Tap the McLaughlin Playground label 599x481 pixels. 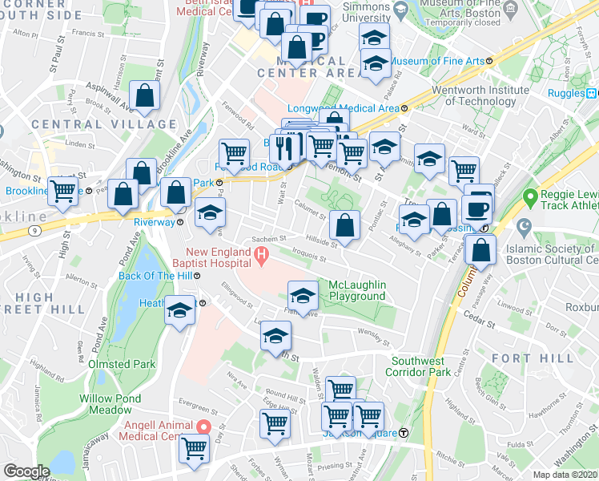click(357, 290)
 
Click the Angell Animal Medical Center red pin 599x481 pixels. click(203, 427)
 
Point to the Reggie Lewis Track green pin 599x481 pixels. click(529, 196)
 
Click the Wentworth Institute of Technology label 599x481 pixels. click(480, 95)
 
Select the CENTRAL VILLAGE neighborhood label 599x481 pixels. click(104, 124)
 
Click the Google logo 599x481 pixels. click(26, 471)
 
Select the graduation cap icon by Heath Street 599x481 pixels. click(180, 309)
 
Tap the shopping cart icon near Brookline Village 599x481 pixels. click(63, 191)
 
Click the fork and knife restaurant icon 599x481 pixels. click(283, 146)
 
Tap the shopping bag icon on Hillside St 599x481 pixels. click(344, 226)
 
